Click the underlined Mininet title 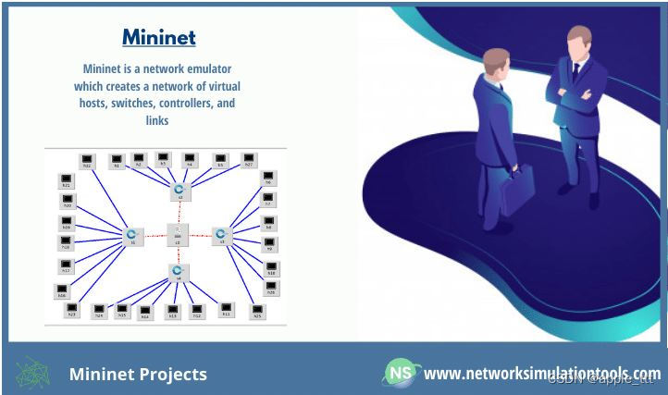coord(159,38)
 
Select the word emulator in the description coord(210,68)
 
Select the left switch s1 coord(132,235)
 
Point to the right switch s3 coord(221,235)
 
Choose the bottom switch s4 coord(178,272)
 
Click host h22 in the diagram coord(87,161)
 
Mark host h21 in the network coord(66,179)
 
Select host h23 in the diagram coord(71,309)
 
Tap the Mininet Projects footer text coord(138,374)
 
